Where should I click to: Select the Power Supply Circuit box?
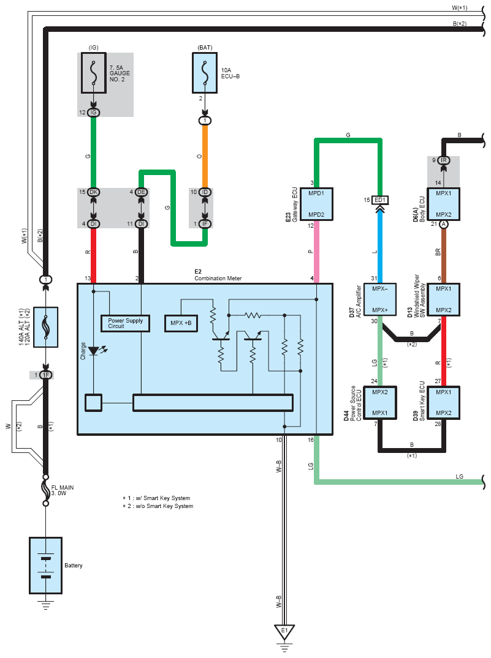click(x=125, y=323)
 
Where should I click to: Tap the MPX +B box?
click(x=181, y=323)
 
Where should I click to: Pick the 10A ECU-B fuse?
click(x=205, y=72)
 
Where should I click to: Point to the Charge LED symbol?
click(x=94, y=351)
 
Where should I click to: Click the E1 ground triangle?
click(x=284, y=630)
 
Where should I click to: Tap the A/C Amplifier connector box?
click(x=381, y=299)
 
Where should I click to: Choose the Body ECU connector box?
click(x=443, y=203)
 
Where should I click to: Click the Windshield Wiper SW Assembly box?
click(x=443, y=299)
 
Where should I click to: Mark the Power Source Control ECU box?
click(x=381, y=402)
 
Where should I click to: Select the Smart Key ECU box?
click(x=443, y=402)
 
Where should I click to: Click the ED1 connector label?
click(x=381, y=200)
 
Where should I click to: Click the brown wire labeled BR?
click(x=443, y=251)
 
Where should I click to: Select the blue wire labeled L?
click(x=381, y=245)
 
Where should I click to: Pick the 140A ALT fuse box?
click(x=45, y=327)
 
